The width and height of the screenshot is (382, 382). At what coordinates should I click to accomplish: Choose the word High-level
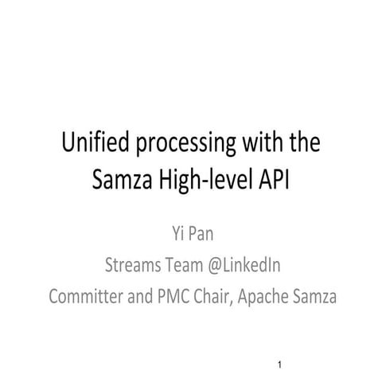[205, 181]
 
